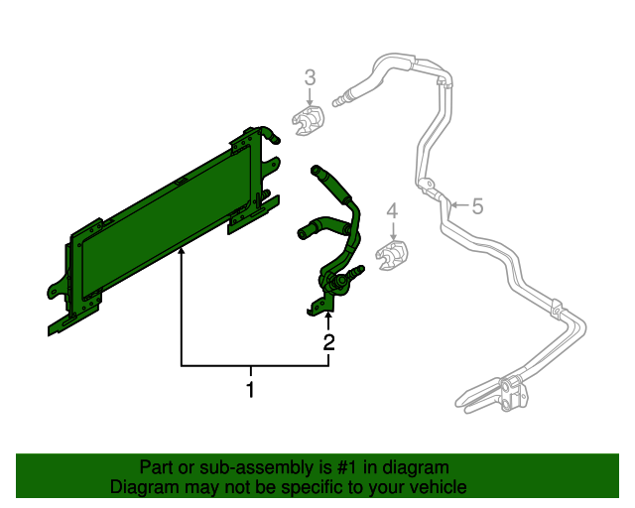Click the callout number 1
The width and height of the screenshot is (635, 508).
pos(251,390)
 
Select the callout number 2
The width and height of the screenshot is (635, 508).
pos(328,343)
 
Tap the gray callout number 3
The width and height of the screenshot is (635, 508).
pos(310,77)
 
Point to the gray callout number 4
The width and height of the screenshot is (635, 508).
pos(392,210)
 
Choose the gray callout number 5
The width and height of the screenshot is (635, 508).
pos(476,206)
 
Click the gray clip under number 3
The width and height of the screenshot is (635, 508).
pos(310,123)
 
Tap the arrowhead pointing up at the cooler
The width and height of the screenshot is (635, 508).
pos(181,256)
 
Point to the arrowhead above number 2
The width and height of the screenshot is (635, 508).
pos(328,317)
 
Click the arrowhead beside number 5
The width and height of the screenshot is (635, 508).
pos(451,206)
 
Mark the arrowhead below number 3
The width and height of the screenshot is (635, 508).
pos(310,101)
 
